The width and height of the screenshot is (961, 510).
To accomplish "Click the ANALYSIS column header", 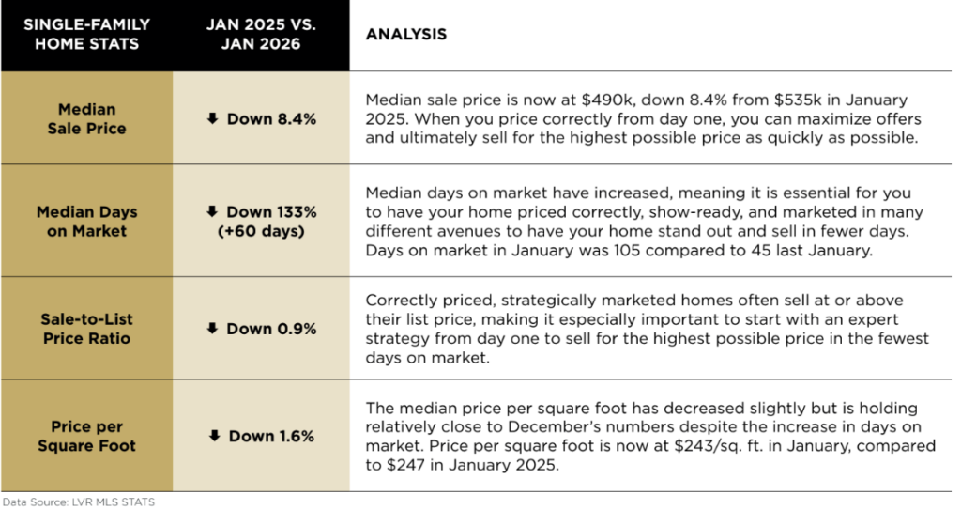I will tap(405, 35).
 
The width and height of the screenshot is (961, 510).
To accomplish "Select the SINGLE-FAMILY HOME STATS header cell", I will tap(86, 35).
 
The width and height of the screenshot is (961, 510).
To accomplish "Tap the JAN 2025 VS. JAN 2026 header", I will tap(261, 35).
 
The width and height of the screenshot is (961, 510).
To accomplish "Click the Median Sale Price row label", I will tap(86, 119).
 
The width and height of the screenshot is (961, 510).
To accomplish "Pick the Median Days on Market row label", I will tap(86, 222).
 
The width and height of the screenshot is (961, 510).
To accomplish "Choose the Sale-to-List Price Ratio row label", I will tap(86, 329).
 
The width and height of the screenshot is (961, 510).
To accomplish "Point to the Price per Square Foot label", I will tap(86, 436).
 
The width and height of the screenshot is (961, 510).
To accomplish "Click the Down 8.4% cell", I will tap(261, 119).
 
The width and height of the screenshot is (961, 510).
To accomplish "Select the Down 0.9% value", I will tap(261, 329).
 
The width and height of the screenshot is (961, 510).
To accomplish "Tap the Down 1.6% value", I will tap(261, 436).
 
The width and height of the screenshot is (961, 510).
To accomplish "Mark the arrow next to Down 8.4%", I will tap(213, 119).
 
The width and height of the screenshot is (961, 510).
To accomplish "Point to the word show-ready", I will tap(669, 213).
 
